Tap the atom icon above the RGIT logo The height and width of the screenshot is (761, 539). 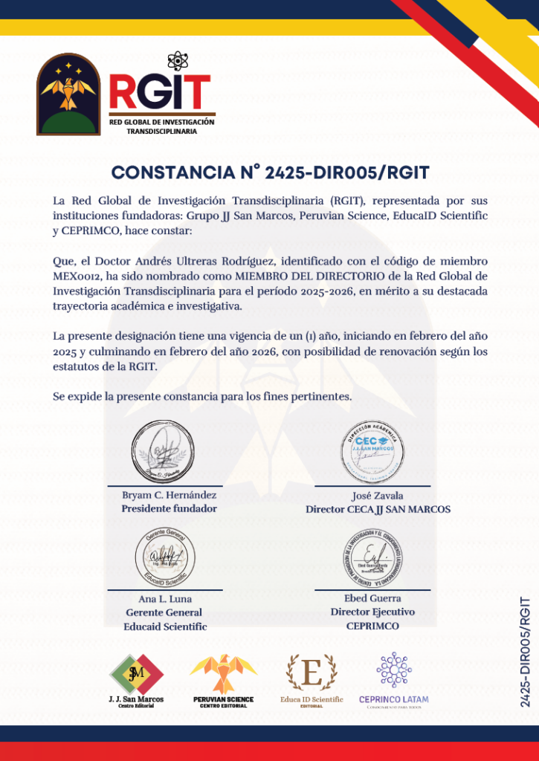pyautogui.click(x=176, y=60)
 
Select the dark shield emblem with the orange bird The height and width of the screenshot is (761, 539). pyautogui.click(x=68, y=94)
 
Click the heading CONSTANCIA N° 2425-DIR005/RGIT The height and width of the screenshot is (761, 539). pyautogui.click(x=270, y=172)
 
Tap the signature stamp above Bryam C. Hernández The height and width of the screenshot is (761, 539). pyautogui.click(x=169, y=452)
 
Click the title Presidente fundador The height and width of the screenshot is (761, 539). pyautogui.click(x=170, y=509)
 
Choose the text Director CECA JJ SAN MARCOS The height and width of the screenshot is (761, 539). pyautogui.click(x=378, y=510)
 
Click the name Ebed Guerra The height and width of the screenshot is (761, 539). pyautogui.click(x=372, y=598)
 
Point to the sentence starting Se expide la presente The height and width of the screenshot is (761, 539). pyautogui.click(x=202, y=396)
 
